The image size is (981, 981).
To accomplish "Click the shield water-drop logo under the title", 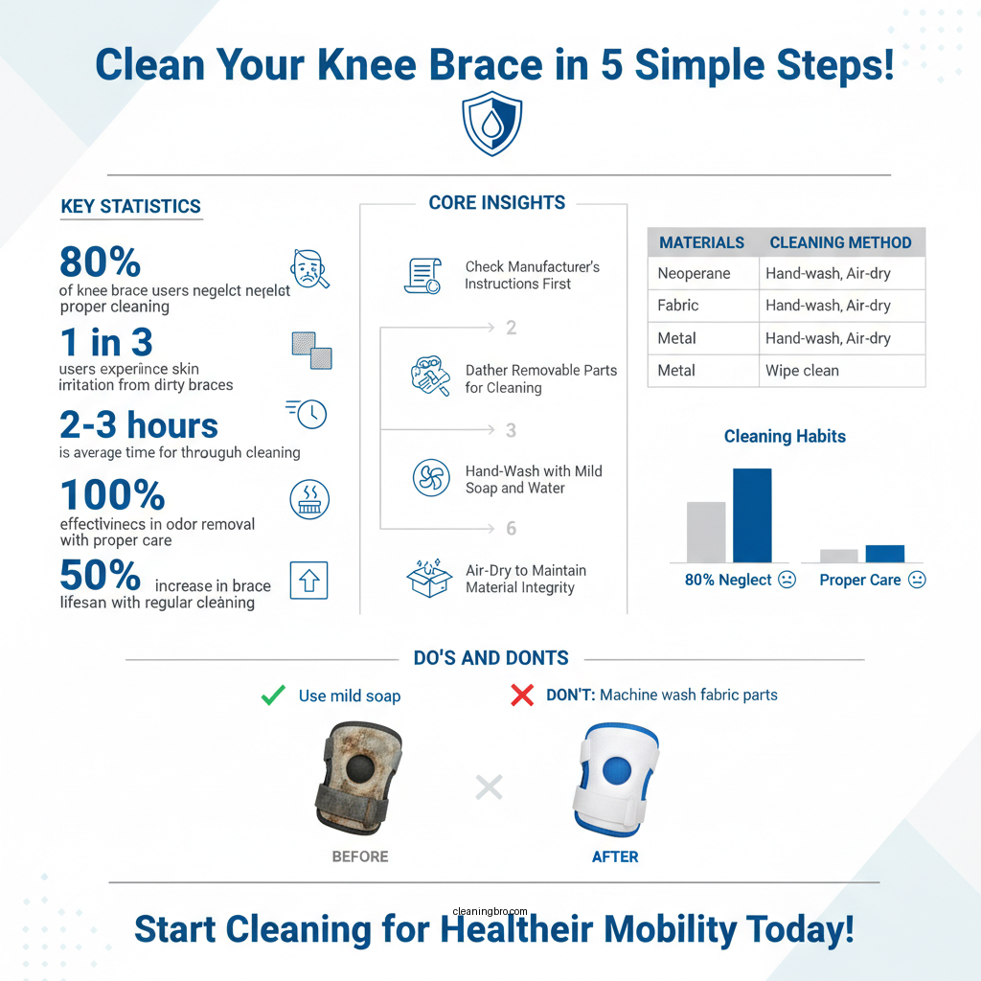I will [x=491, y=125].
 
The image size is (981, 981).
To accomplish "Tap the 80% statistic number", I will [x=100, y=262].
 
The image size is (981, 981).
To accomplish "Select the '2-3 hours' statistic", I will [x=139, y=425].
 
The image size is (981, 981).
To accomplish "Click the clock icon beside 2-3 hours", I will [x=309, y=414].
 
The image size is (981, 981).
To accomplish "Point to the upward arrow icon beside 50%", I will [x=308, y=581].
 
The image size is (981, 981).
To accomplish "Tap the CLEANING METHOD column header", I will [x=840, y=242].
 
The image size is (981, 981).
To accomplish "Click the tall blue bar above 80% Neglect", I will [x=752, y=515].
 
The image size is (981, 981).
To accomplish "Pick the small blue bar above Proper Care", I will [x=884, y=554].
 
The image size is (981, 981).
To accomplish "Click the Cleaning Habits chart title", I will [x=785, y=437].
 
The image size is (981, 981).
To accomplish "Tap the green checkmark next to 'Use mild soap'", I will [x=273, y=696].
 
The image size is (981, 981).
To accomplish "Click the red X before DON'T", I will [x=522, y=696].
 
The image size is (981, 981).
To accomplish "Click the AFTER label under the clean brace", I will [x=614, y=856].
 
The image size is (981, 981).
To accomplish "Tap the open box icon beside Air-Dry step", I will [x=429, y=579].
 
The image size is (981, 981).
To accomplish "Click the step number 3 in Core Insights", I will [x=511, y=430].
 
